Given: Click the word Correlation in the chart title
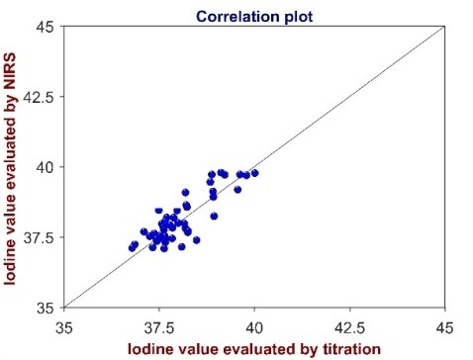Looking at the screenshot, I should pyautogui.click(x=227, y=17).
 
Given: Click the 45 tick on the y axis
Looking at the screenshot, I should pyautogui.click(x=45, y=26).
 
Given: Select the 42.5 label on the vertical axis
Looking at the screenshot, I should pyautogui.click(x=40, y=96).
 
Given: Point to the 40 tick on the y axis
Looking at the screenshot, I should pyautogui.click(x=45, y=166).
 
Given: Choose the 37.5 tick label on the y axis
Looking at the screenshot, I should pyautogui.click(x=40, y=236).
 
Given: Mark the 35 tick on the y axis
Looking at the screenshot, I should pyautogui.click(x=45, y=307).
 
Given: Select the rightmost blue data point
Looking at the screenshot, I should pyautogui.click(x=254, y=173).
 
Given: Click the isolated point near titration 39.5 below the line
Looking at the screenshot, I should pyautogui.click(x=237, y=189).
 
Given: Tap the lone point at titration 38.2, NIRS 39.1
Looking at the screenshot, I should pyautogui.click(x=185, y=192).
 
